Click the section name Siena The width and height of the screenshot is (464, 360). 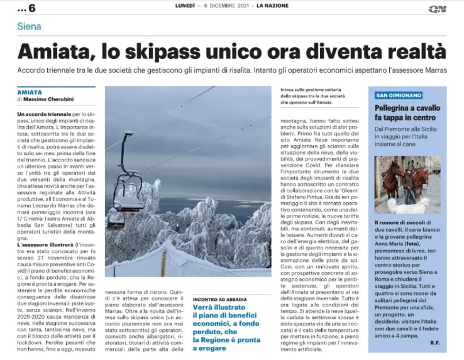pyautogui.click(x=30, y=26)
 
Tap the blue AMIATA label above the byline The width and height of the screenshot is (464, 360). pyautogui.click(x=30, y=92)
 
